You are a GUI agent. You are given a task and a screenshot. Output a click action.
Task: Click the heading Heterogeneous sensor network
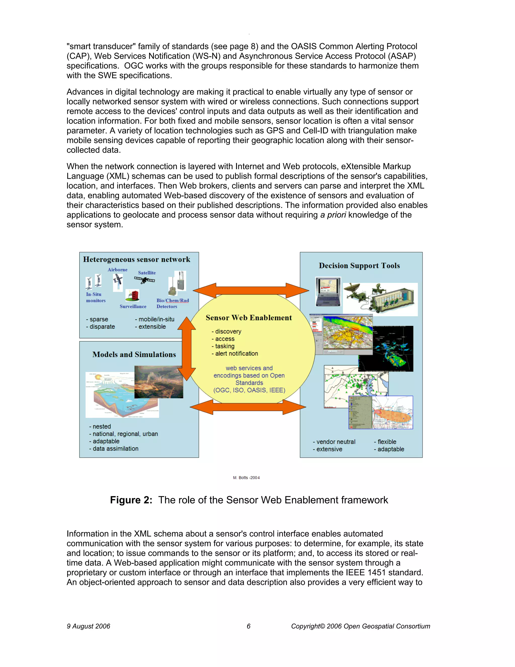tap(136, 259)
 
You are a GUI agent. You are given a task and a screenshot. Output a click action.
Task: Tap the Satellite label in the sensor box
tap(147, 273)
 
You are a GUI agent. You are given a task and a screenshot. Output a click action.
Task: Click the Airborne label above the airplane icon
tap(117, 270)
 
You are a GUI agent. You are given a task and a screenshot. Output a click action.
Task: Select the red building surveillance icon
tap(133, 295)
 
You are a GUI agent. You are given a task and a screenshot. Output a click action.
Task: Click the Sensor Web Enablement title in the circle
tap(249, 318)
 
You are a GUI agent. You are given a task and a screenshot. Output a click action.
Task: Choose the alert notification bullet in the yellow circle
tap(235, 353)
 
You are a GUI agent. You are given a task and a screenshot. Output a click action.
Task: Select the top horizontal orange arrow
tap(251, 290)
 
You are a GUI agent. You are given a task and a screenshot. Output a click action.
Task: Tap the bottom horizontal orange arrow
tap(248, 407)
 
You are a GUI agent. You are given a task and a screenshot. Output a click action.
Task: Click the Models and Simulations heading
tap(134, 354)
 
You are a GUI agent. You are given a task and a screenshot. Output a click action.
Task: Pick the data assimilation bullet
tap(114, 448)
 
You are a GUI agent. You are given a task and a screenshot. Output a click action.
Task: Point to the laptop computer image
tap(328, 291)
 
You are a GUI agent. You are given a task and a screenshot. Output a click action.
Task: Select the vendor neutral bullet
tap(334, 442)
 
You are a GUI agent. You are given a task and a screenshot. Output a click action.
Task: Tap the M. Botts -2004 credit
tap(246, 478)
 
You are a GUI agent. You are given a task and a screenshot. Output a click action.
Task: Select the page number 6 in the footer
tap(248, 626)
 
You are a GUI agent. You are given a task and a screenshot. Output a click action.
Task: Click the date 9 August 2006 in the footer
tap(89, 626)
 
